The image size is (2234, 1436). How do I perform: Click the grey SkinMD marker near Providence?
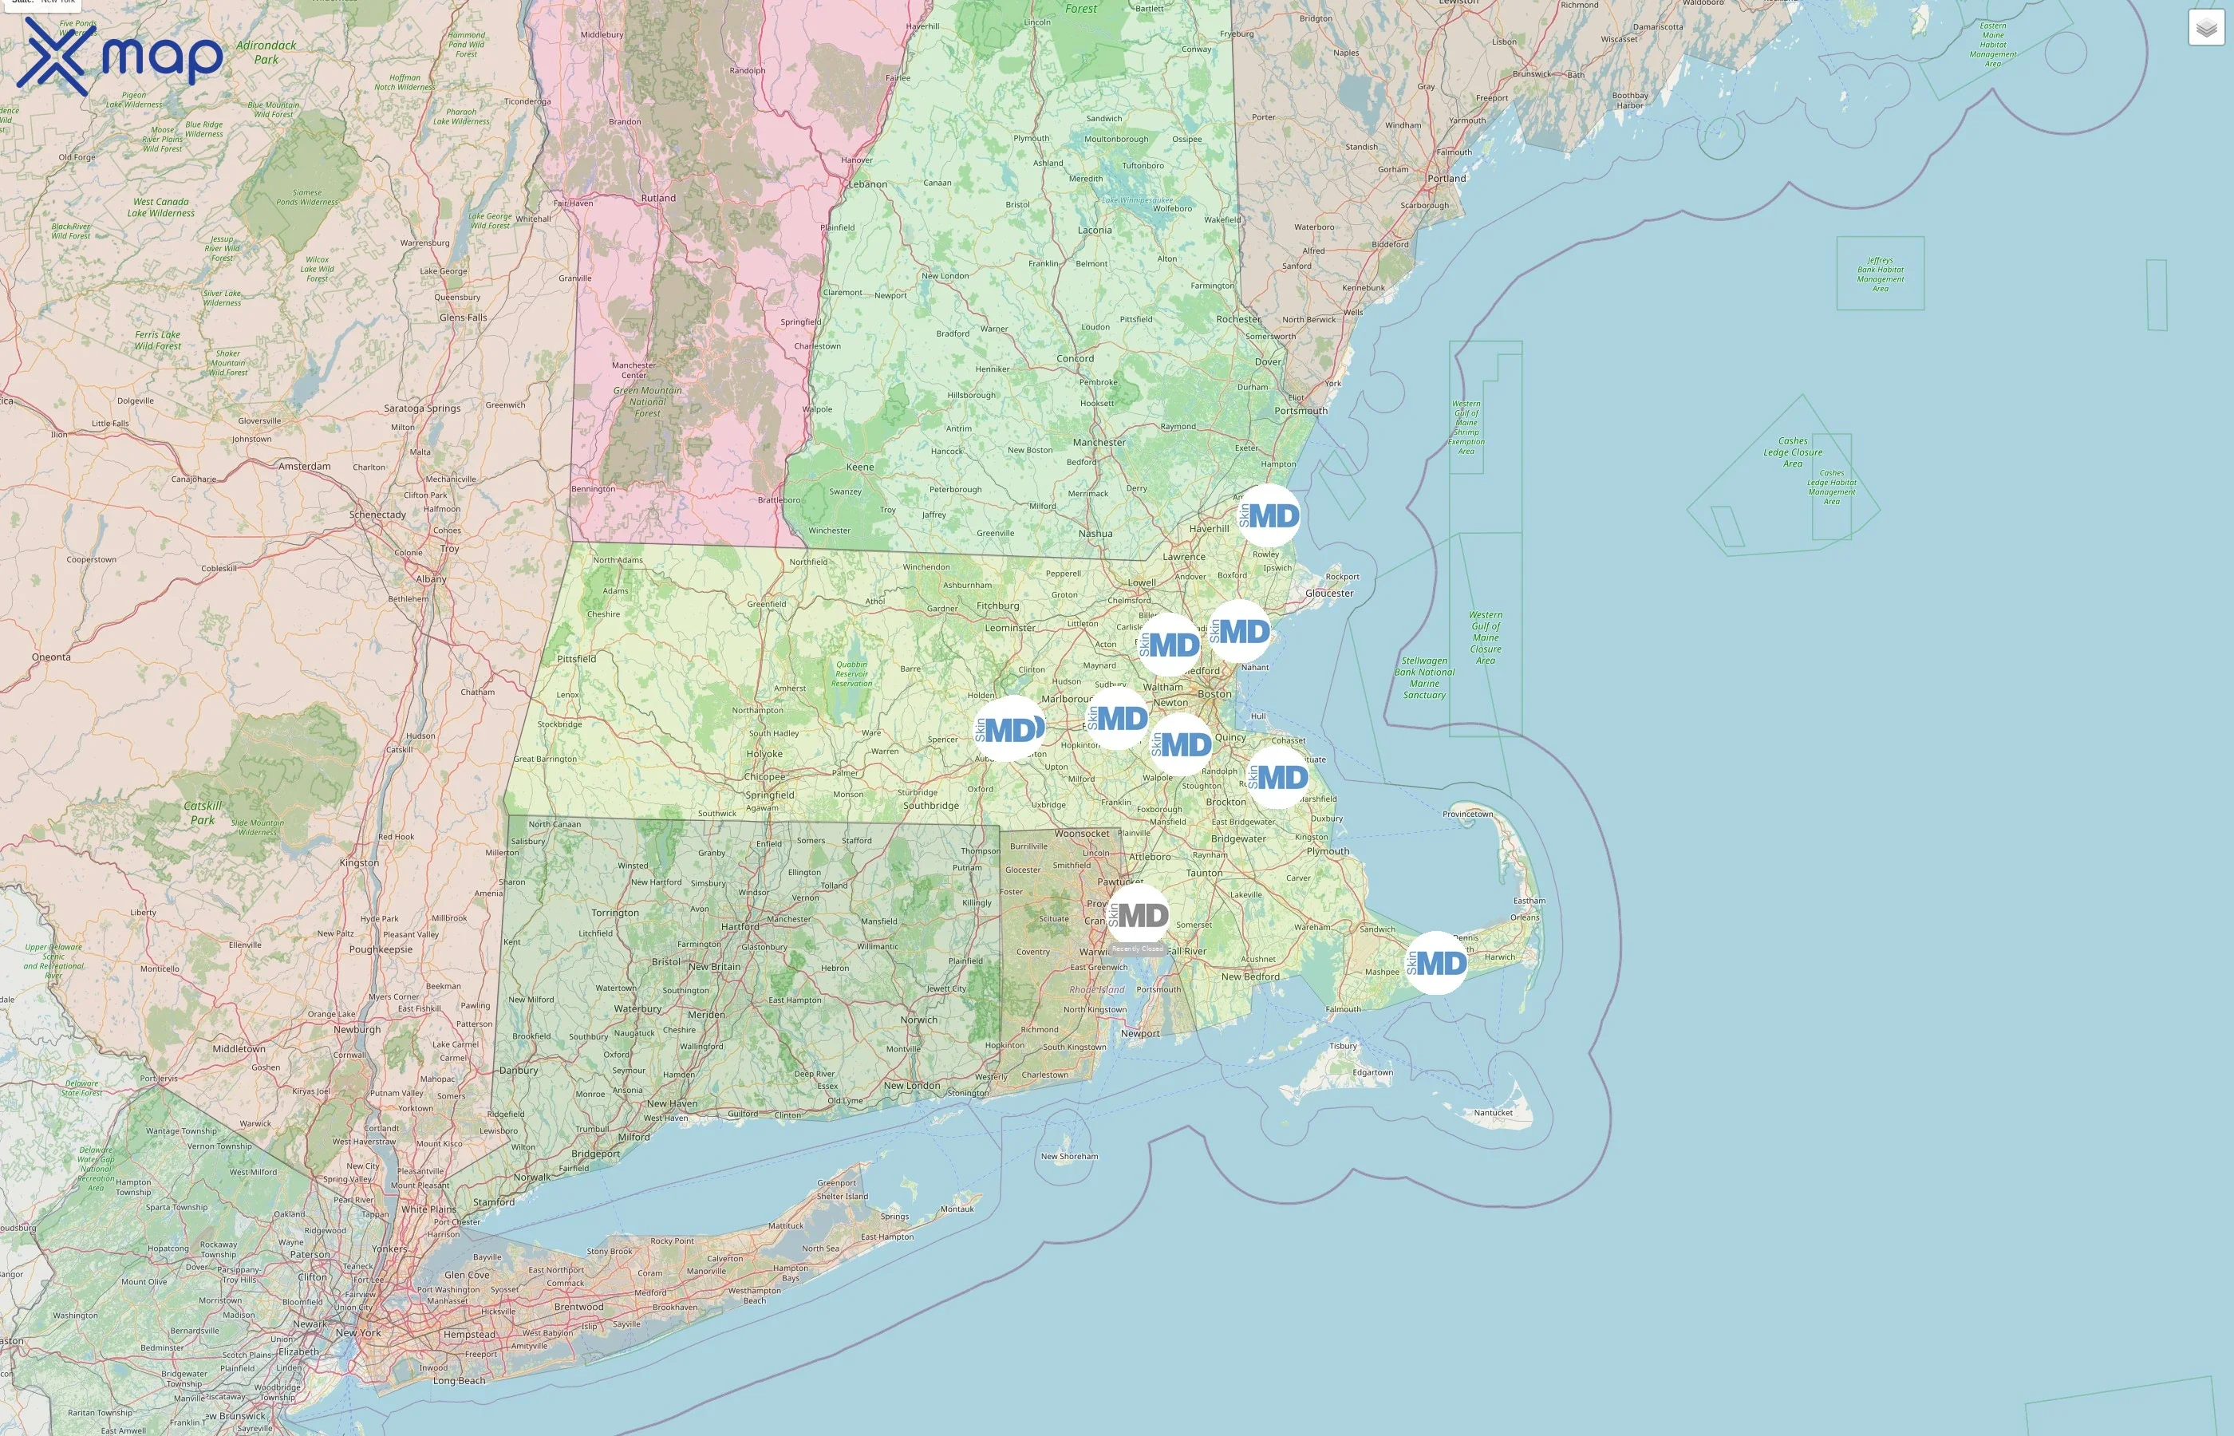pos(1139,915)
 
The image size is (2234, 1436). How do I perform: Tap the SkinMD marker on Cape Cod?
pos(1437,962)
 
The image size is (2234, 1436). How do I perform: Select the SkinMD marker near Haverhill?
pos(1269,515)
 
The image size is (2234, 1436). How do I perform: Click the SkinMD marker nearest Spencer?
pos(1008,728)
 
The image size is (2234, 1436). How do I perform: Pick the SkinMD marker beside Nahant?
pos(1239,631)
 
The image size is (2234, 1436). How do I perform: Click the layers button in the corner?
pos(2206,28)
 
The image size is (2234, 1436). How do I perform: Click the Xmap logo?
pos(120,56)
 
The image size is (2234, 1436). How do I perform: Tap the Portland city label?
pos(1447,178)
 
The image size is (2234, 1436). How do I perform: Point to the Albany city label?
pos(431,579)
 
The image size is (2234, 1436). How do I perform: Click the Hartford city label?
pos(740,927)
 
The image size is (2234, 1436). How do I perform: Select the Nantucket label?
pos(1493,1112)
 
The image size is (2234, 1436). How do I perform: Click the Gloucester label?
pos(1328,593)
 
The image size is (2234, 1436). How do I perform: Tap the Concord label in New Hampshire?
pos(1075,358)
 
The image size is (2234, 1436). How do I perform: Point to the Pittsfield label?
pos(576,658)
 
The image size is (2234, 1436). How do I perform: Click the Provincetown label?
pos(1467,814)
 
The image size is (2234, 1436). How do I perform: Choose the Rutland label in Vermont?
pos(658,198)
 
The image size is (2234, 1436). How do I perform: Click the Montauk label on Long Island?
pos(957,1209)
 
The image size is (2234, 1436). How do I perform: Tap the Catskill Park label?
pos(203,812)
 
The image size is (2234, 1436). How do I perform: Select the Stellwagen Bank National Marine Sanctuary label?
pos(1423,678)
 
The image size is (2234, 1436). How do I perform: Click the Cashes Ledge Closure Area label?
pos(1792,452)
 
